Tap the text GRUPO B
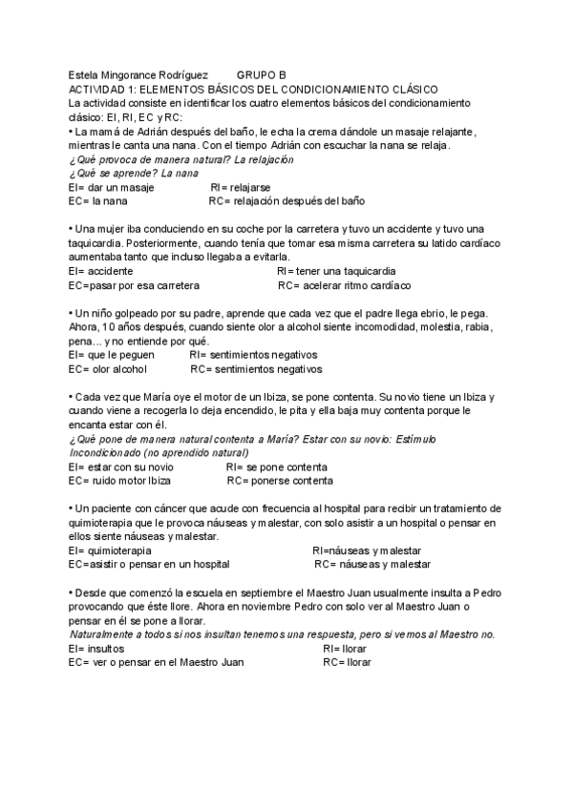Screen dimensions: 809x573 pos(261,74)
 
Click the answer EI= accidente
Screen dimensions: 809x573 pos(101,272)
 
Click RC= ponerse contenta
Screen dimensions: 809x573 pos(280,481)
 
